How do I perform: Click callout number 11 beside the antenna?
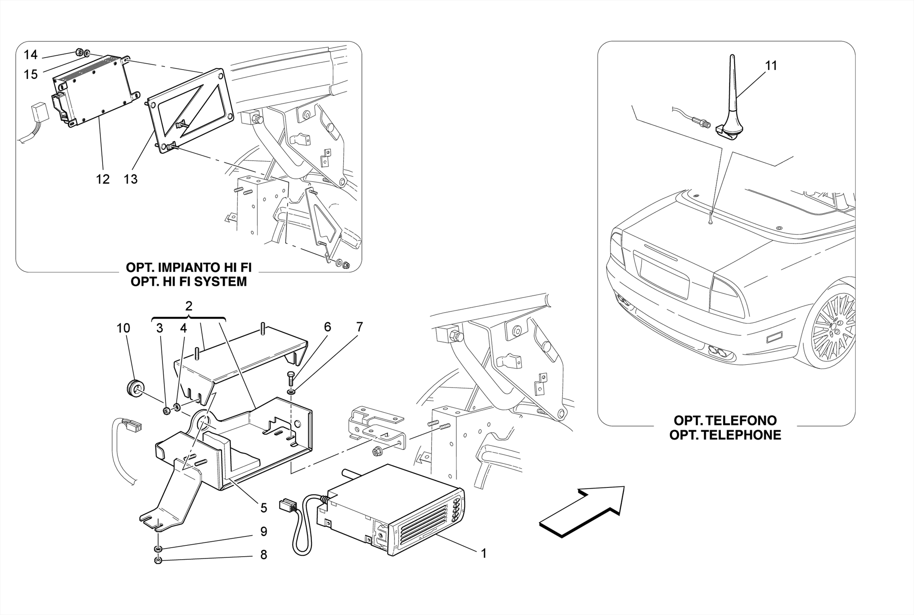click(x=771, y=66)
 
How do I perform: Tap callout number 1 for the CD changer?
click(x=483, y=553)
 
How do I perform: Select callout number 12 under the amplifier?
click(x=103, y=179)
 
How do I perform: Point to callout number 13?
click(x=131, y=179)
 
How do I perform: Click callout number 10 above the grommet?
click(x=123, y=328)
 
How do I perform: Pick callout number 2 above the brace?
click(x=189, y=306)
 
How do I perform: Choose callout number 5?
click(x=264, y=508)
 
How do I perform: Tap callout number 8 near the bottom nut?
click(x=264, y=555)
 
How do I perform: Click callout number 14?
click(x=30, y=55)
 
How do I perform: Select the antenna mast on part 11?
click(x=733, y=85)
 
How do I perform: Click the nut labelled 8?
click(x=158, y=561)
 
